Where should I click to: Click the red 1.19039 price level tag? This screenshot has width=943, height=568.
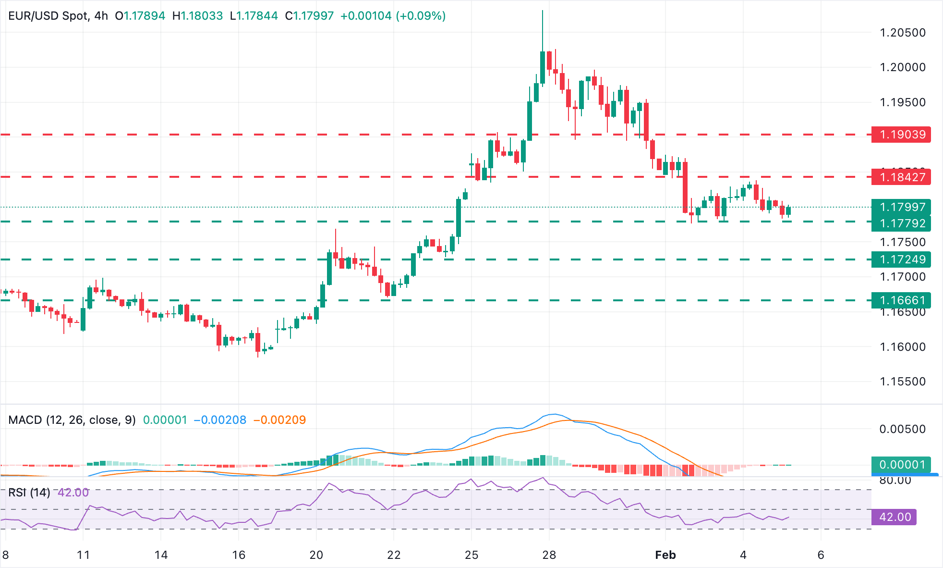pos(901,135)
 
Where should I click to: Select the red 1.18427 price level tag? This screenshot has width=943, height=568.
pos(901,177)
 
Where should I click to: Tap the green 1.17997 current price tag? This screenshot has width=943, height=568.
pos(901,207)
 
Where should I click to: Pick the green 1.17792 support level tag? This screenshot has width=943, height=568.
pos(901,223)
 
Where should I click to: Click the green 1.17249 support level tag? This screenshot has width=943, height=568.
pos(901,259)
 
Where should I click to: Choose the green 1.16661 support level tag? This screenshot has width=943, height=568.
pos(901,300)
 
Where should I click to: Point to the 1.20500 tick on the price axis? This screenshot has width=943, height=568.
pos(902,33)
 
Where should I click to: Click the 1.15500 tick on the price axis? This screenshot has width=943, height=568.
pos(902,382)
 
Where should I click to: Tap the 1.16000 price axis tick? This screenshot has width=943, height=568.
pos(902,347)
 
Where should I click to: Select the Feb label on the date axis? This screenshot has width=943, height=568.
pos(665,555)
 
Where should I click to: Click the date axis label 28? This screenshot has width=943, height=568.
pos(549,555)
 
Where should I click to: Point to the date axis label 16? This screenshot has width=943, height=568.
pos(239,555)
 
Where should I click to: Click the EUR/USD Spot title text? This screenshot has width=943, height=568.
pos(48,16)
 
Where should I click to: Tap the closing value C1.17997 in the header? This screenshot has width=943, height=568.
pos(309,16)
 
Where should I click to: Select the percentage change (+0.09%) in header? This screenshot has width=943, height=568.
pos(421,16)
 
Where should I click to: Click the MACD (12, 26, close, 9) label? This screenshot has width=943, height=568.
pos(72,420)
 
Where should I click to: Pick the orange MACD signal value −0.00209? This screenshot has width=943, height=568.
pos(279,420)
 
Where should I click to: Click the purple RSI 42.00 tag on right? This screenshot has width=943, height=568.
pos(895,517)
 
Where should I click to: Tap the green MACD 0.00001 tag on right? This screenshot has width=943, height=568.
pos(901,465)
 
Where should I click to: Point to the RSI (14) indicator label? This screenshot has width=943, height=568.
pos(29,493)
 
